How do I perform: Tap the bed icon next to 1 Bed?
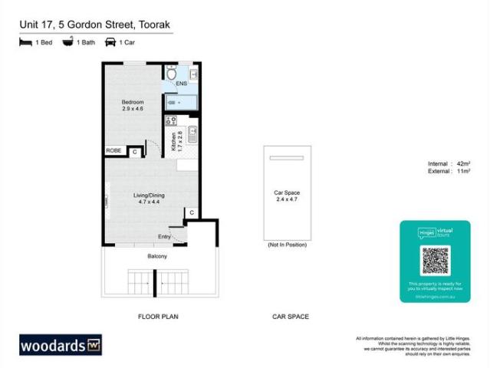25,43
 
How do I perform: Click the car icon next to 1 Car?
110,43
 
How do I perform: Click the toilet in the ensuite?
169,74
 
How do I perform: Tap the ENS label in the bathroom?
182,83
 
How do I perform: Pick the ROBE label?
113,151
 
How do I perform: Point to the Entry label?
164,236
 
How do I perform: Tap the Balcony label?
158,257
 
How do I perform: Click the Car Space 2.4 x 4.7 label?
287,196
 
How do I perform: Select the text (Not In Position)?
287,245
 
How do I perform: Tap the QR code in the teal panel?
434,261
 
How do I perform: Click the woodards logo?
61,344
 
